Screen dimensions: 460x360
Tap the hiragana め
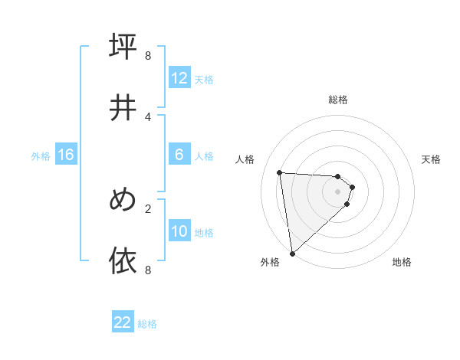[123, 200]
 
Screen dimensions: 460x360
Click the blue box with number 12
[179, 78]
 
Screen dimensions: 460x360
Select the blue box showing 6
[179, 155]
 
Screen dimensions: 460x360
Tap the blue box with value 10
[179, 231]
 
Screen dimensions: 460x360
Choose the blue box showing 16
[66, 155]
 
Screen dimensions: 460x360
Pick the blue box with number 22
[123, 322]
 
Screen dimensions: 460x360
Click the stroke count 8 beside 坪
[148, 56]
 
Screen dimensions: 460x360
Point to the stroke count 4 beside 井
[148, 116]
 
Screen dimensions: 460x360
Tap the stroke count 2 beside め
[148, 208]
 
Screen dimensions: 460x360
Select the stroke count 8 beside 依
[148, 270]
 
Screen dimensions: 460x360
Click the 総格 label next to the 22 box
[147, 324]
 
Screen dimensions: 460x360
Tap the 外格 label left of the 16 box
[41, 156]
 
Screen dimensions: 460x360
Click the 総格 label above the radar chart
[338, 100]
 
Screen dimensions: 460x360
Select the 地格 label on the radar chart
[402, 262]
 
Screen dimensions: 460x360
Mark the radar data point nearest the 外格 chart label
[292, 253]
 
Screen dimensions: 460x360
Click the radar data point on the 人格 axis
[279, 172]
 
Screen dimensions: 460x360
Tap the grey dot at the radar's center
[338, 191]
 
